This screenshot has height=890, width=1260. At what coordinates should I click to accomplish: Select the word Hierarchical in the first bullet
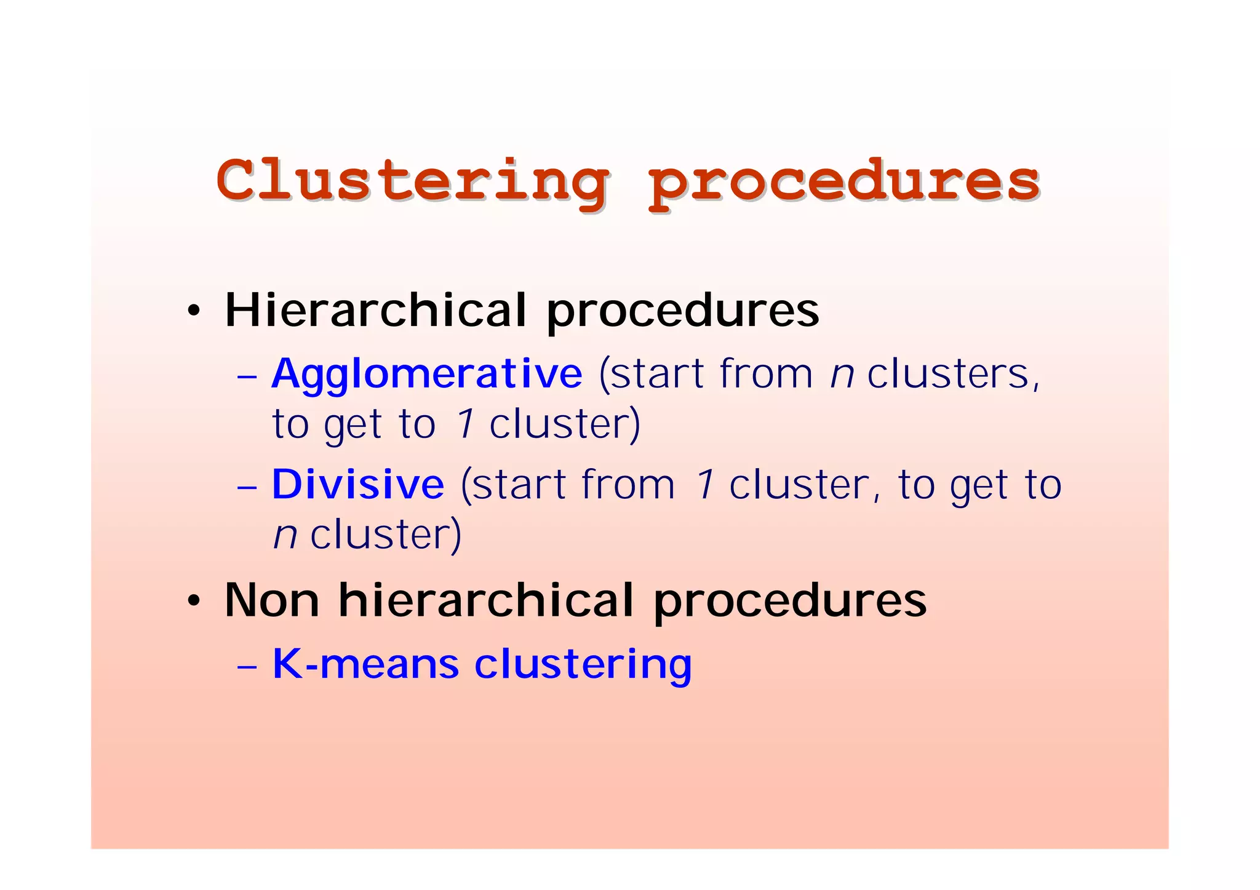[376, 310]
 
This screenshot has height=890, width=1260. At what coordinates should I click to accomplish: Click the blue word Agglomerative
[426, 374]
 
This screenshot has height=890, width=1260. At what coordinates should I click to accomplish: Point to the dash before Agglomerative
[246, 376]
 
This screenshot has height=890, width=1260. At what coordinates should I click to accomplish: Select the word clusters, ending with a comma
[953, 374]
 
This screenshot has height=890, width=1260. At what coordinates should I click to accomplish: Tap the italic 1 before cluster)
[465, 424]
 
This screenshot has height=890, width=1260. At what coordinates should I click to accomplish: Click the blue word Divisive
[357, 485]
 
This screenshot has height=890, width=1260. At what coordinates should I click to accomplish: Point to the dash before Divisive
[246, 487]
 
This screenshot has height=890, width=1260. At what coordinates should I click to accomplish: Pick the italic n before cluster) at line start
[285, 535]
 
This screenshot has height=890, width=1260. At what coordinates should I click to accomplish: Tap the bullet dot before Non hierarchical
[194, 601]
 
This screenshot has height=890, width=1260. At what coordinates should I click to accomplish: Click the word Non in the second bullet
[271, 600]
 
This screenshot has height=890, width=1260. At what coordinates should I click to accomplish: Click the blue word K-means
[365, 664]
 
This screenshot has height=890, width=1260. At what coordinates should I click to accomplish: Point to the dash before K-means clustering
[246, 666]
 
